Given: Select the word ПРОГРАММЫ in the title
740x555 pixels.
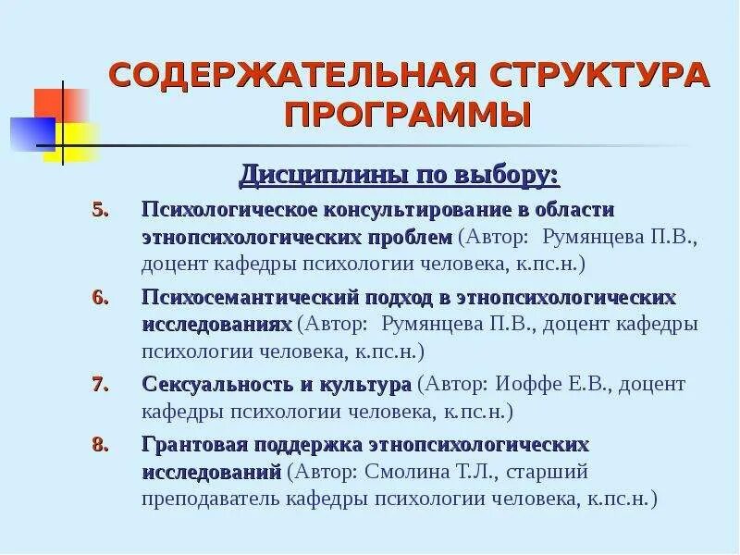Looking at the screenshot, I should click(x=408, y=117).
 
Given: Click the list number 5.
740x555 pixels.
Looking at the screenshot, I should click(x=102, y=209).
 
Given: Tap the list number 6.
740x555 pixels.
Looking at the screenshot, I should click(x=102, y=298).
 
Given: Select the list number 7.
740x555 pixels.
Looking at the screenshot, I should click(x=102, y=383).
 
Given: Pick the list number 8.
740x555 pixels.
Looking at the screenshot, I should click(x=102, y=444).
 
